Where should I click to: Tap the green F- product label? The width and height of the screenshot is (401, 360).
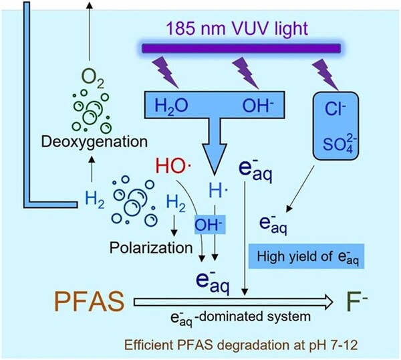(362, 302)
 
